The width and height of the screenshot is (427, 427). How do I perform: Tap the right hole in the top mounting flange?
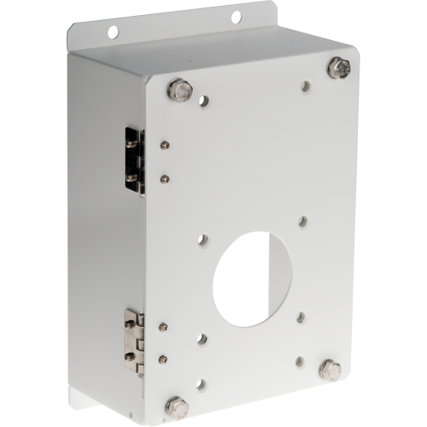(x=236, y=17)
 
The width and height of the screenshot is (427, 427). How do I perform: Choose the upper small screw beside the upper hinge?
(x=165, y=146)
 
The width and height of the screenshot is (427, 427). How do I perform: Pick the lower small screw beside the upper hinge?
(x=164, y=177)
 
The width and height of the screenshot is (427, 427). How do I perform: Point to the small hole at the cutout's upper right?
(x=304, y=222)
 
